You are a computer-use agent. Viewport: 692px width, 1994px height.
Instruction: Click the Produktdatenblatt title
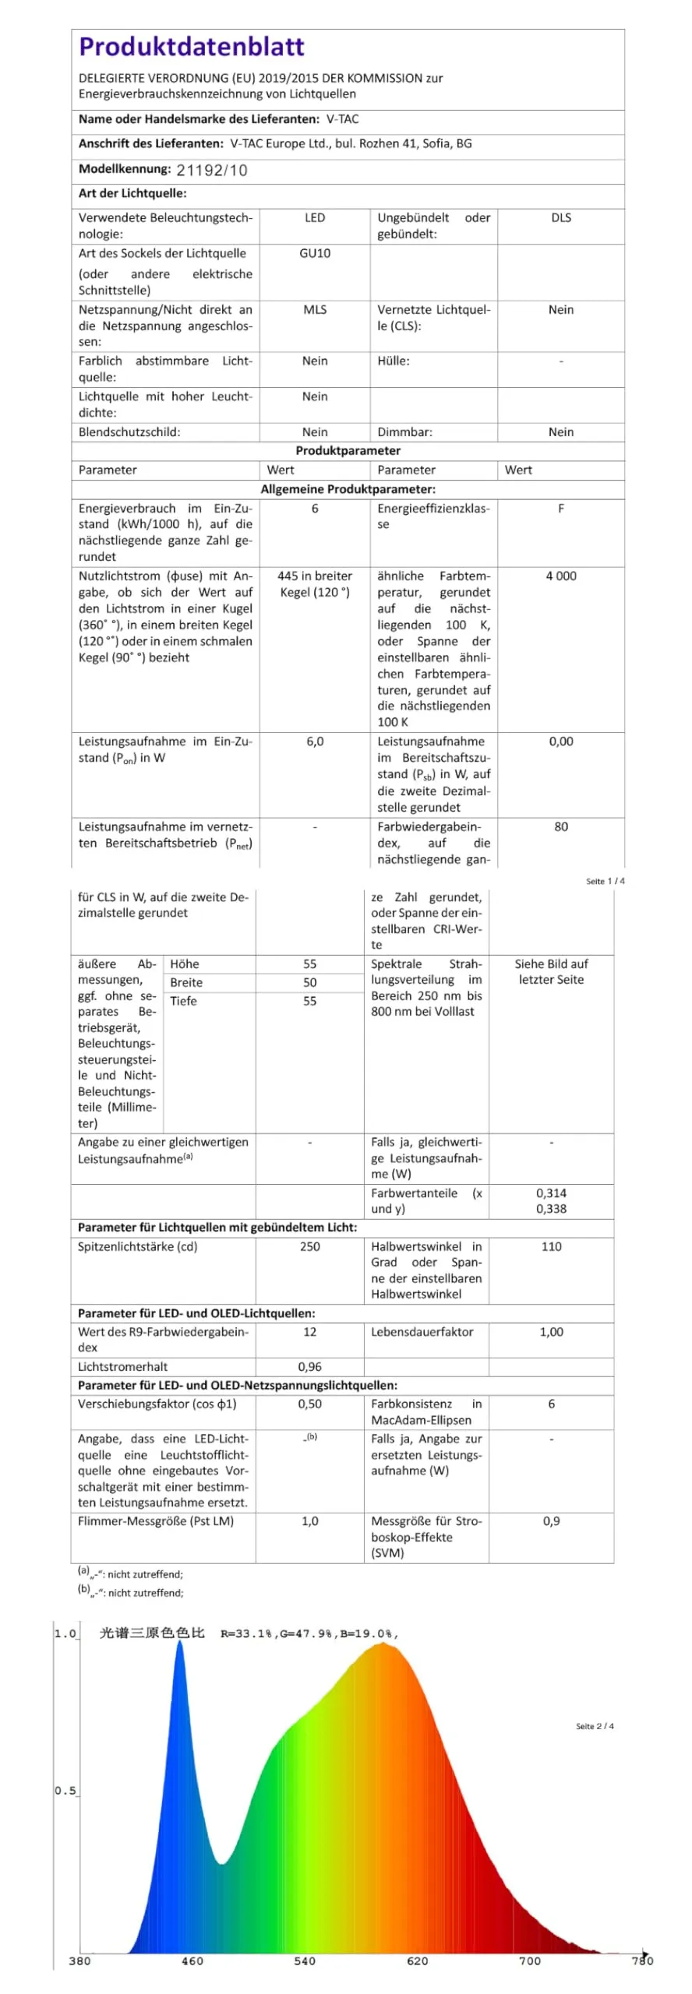click(191, 48)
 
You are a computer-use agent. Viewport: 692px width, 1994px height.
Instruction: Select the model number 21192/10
click(211, 171)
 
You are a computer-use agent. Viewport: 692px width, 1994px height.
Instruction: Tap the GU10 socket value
click(314, 253)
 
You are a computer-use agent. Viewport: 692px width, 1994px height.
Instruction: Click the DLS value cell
click(560, 218)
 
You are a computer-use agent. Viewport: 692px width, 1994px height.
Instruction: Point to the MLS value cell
click(314, 310)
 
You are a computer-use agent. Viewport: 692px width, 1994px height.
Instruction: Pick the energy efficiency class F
click(560, 509)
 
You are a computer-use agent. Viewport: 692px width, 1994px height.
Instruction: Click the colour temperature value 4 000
click(560, 576)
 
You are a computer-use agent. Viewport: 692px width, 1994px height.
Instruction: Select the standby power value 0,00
click(560, 742)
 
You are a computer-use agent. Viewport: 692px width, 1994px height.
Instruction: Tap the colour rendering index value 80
click(560, 827)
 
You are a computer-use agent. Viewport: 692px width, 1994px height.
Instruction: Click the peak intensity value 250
click(309, 1247)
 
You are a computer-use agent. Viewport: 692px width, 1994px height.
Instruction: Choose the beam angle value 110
click(551, 1247)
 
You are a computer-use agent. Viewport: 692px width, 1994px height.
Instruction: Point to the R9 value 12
click(309, 1332)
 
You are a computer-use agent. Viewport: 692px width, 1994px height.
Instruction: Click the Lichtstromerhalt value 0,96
click(309, 1367)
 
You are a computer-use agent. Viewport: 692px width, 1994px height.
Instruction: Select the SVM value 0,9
click(551, 1521)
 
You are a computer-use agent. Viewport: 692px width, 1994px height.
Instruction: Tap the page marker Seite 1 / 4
click(605, 882)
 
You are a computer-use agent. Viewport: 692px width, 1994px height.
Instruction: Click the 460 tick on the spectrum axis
click(192, 1961)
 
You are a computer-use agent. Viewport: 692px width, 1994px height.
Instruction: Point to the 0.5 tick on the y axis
click(65, 1791)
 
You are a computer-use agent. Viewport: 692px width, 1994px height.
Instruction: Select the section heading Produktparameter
click(348, 451)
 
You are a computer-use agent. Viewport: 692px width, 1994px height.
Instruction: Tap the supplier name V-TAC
click(342, 119)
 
